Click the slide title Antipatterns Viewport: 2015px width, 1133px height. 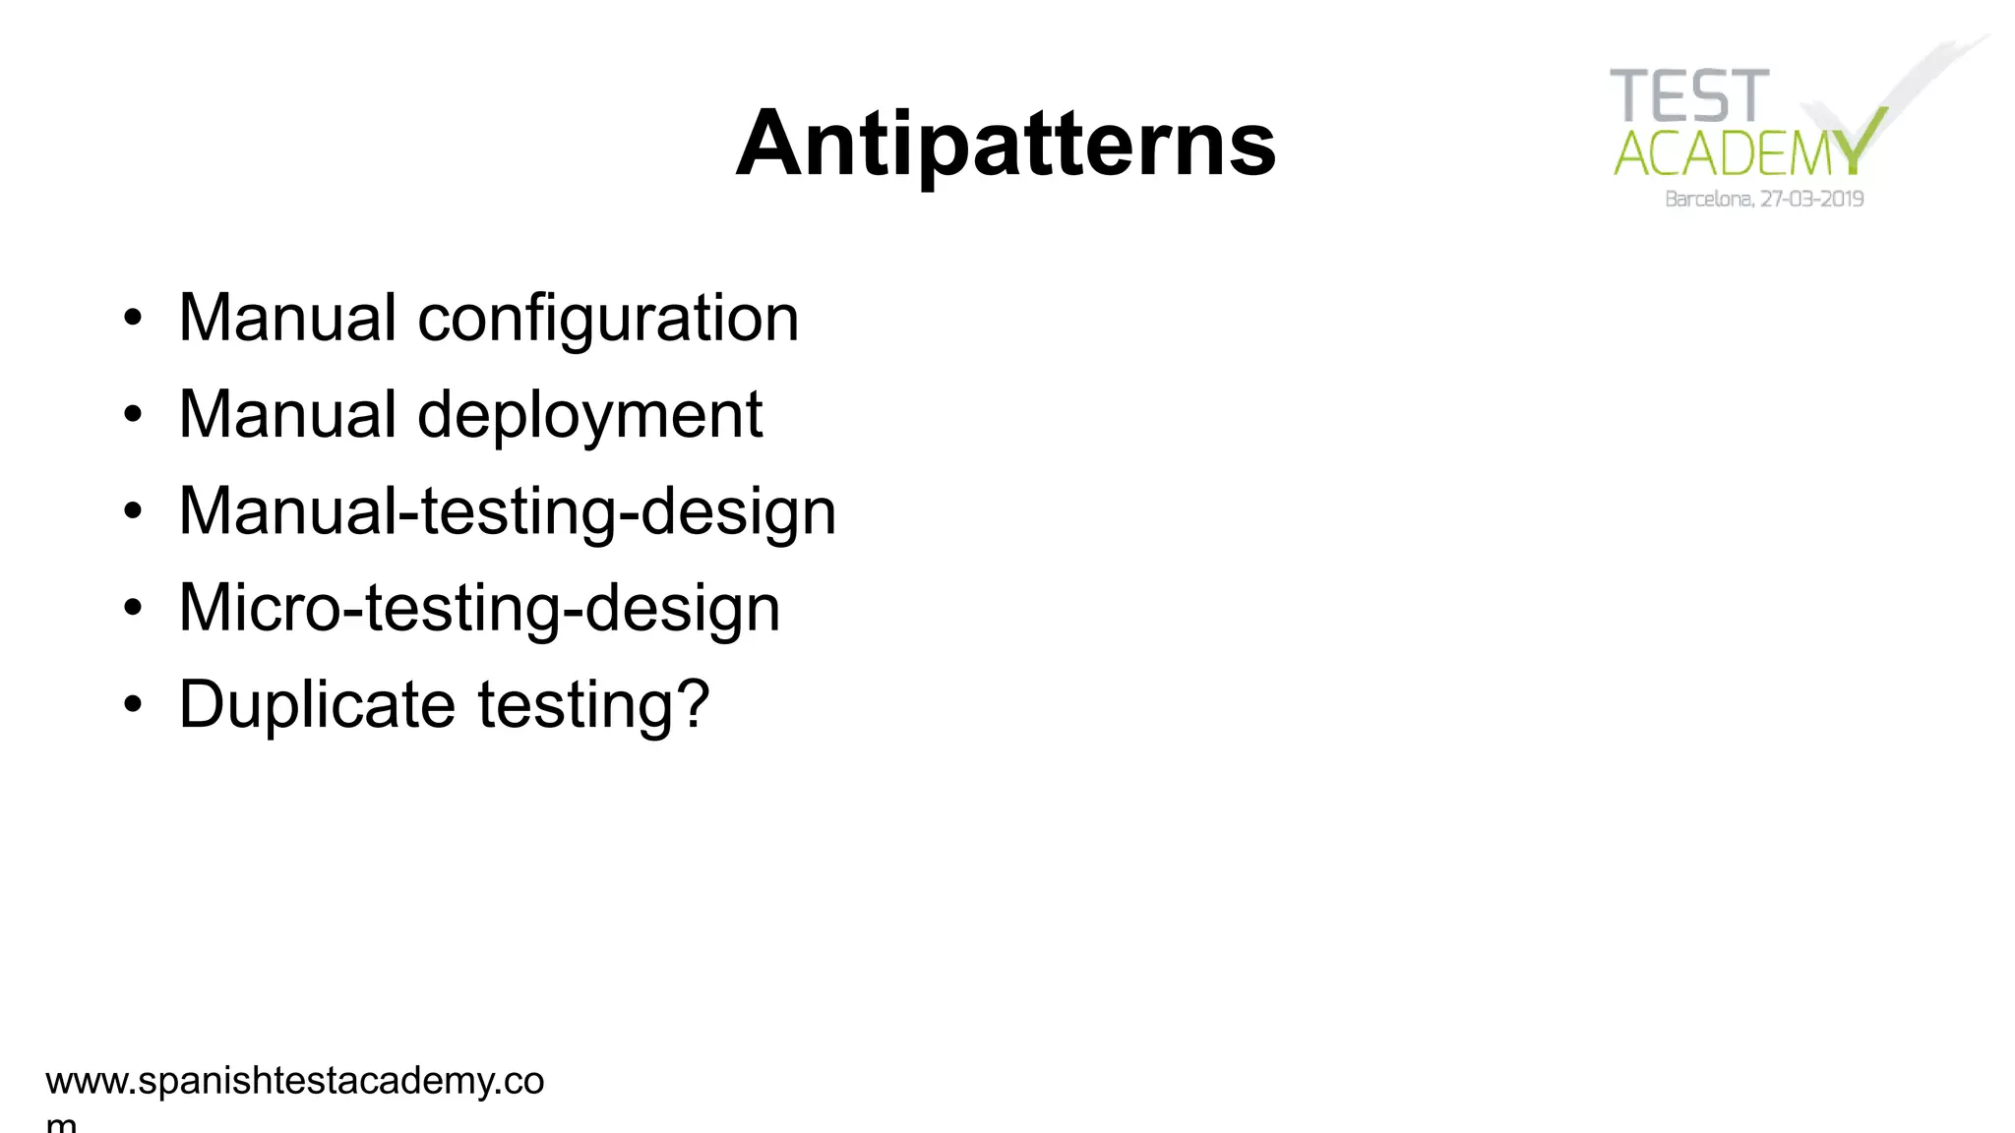1006,144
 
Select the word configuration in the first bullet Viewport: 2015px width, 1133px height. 608,319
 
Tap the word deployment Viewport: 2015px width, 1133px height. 589,415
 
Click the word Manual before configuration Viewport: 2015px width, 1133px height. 287,319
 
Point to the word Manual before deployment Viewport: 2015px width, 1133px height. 287,415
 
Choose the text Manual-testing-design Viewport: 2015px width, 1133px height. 507,511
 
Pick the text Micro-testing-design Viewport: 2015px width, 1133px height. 479,608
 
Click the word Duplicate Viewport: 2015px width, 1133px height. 317,704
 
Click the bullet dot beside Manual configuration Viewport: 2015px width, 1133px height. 133,319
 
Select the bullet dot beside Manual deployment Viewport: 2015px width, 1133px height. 133,415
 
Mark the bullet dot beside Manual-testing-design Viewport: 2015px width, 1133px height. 133,511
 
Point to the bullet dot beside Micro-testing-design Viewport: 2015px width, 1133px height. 133,608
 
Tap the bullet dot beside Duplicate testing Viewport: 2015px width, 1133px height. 133,704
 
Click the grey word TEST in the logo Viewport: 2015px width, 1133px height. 1689,96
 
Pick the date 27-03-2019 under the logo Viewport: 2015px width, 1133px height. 1811,200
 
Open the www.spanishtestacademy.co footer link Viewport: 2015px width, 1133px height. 294,1081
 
